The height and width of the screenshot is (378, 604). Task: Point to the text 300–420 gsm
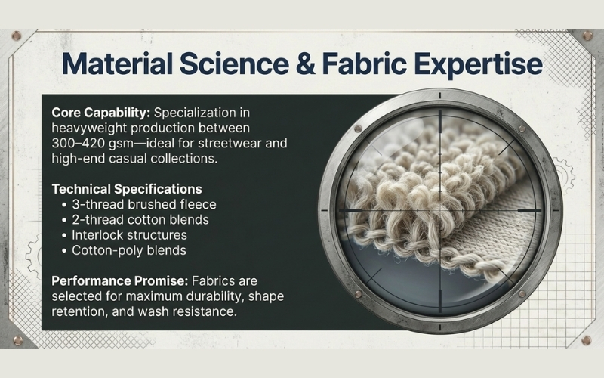pos(95,144)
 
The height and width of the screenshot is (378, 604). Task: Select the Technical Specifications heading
pos(127,188)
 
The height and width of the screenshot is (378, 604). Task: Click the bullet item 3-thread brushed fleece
pos(143,204)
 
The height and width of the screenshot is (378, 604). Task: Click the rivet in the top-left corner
pos(16,36)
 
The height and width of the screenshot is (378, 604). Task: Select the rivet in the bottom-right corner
pos(586,340)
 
